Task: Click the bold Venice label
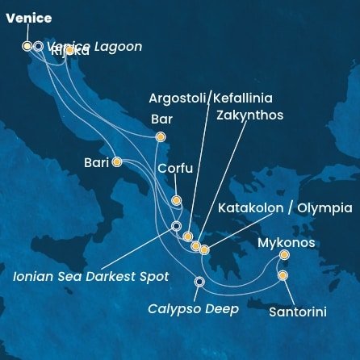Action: coord(29,18)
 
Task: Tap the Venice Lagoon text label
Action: coord(94,47)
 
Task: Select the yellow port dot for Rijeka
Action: coord(70,50)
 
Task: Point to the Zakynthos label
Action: coord(250,115)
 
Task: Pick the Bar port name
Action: coord(162,118)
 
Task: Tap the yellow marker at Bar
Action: coord(160,137)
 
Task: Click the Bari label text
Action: coord(96,162)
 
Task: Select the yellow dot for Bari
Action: coord(117,161)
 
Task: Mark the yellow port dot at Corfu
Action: coord(177,200)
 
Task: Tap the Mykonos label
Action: coord(287,242)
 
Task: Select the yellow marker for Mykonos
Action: coord(284,255)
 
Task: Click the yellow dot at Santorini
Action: coord(283,276)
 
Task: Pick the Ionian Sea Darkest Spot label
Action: coord(91,276)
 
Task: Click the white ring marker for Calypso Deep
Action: coord(200,282)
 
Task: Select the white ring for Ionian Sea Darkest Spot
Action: coord(176,226)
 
